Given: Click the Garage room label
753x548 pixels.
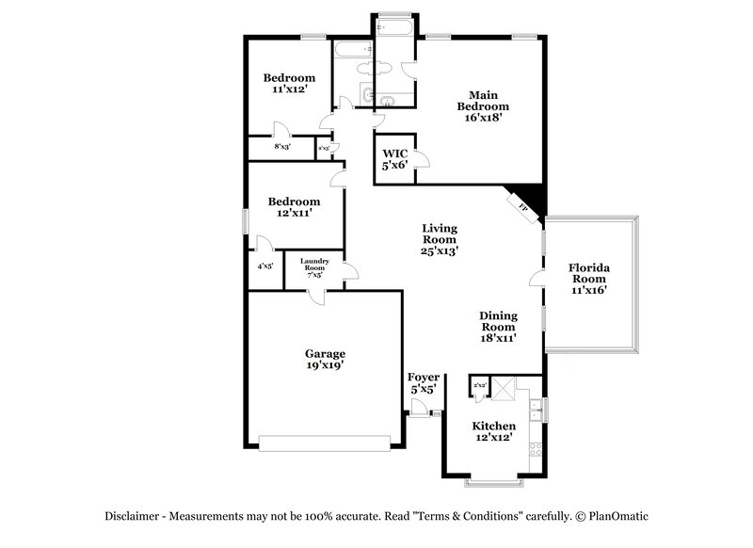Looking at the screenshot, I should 324,360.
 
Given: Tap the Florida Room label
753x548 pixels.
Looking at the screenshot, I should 589,280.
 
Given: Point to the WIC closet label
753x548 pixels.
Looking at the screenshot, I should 393,158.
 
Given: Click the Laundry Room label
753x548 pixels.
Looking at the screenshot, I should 314,268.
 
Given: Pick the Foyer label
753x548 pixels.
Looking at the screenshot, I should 423,382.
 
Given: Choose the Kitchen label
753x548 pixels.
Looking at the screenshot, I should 492,431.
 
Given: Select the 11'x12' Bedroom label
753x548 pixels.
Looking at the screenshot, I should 288,83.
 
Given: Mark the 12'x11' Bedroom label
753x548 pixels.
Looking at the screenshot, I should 293,207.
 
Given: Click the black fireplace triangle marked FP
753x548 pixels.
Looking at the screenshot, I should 528,199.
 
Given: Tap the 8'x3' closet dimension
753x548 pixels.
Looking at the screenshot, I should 282,147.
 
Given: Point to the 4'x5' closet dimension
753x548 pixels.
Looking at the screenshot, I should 264,266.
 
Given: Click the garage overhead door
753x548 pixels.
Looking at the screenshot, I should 324,440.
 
